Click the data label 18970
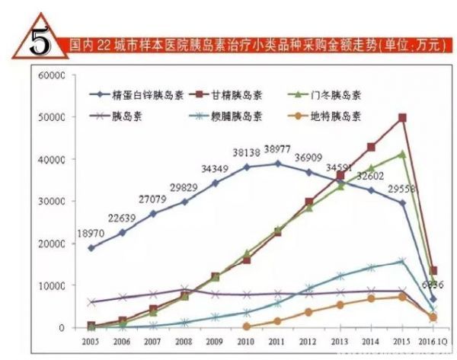[x=78, y=233]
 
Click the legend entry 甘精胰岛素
[x=241, y=95]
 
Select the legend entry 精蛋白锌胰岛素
[x=148, y=95]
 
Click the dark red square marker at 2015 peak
[x=402, y=117]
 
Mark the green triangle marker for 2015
[x=402, y=154]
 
